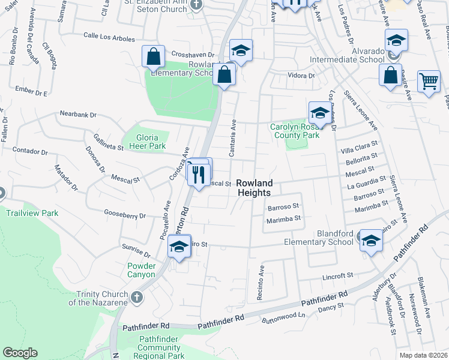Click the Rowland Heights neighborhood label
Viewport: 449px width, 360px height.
tap(253, 188)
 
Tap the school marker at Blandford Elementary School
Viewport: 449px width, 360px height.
tap(371, 241)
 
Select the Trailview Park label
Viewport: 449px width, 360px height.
tap(32, 213)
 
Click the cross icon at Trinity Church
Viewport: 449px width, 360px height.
tap(137, 296)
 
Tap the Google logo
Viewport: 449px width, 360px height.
tap(20, 353)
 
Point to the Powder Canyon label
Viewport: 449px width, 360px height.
tap(142, 270)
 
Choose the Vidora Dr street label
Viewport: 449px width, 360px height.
tap(301, 76)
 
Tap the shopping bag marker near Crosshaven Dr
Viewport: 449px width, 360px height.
tap(154, 58)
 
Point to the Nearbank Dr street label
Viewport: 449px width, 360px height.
tap(77, 114)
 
